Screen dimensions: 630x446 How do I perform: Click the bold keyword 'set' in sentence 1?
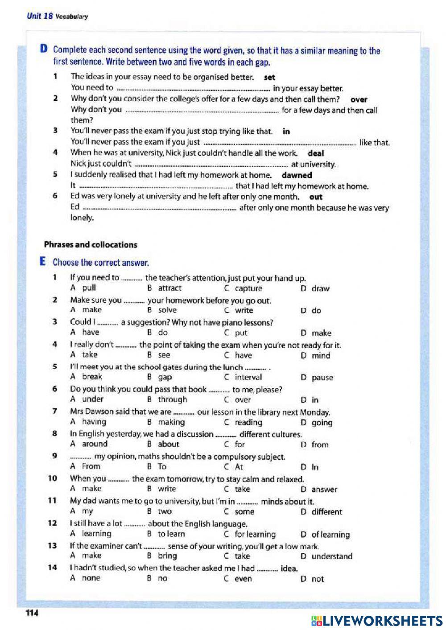(x=269, y=77)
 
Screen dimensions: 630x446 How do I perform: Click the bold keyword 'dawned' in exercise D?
(x=297, y=175)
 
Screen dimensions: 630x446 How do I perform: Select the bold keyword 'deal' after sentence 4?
(x=316, y=153)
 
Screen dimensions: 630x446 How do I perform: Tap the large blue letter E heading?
(x=43, y=262)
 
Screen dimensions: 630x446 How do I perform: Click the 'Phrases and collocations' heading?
(x=91, y=245)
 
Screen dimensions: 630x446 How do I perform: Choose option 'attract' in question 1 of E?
(x=169, y=288)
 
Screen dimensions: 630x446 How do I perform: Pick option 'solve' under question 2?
(x=167, y=310)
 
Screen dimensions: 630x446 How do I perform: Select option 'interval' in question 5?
(x=248, y=377)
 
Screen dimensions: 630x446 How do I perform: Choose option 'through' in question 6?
(x=172, y=399)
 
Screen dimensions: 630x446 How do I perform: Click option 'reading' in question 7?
(x=248, y=422)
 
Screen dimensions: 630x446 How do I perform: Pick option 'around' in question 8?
(x=95, y=444)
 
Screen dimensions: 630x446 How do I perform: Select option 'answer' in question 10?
(x=324, y=490)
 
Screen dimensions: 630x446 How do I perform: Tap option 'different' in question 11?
(x=326, y=512)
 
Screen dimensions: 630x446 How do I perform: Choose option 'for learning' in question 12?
(x=255, y=534)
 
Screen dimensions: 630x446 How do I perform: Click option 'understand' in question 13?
(x=332, y=556)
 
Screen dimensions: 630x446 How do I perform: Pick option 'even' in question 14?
(x=243, y=579)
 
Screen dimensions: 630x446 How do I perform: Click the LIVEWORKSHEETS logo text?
(x=376, y=620)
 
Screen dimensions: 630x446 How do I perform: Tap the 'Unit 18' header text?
(x=40, y=16)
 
